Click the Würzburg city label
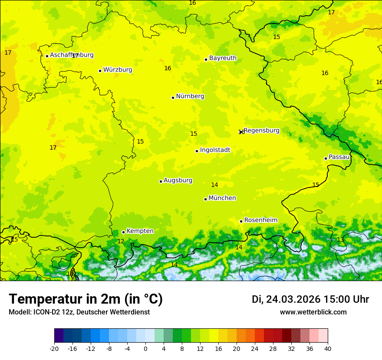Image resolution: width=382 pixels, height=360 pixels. [x=118, y=70]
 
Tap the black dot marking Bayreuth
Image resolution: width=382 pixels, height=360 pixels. [x=206, y=59]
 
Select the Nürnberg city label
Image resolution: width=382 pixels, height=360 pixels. [x=190, y=96]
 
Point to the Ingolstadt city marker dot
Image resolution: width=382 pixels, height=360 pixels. [x=197, y=151]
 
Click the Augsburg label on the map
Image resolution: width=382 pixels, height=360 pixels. [x=178, y=180]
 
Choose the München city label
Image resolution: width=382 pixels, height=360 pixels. [x=222, y=198]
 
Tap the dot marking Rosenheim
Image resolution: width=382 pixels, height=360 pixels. [x=241, y=221]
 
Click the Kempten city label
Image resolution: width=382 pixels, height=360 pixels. [x=140, y=231]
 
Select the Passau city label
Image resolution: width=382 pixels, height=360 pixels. [x=339, y=157]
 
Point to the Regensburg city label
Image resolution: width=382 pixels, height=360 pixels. [x=261, y=131]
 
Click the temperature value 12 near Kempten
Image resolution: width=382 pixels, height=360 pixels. [x=121, y=241]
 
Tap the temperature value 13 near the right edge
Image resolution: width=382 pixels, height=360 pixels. [x=340, y=239]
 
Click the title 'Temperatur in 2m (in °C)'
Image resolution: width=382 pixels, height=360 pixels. [x=86, y=299]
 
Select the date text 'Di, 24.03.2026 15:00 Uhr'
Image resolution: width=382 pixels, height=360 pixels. [x=310, y=299]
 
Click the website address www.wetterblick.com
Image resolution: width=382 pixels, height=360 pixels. [x=313, y=312]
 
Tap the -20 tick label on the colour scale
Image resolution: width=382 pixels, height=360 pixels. [x=54, y=348]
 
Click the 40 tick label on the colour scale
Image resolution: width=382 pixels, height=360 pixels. [x=328, y=348]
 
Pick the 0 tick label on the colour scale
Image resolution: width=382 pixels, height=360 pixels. [x=145, y=348]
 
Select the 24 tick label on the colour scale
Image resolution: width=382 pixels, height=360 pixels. [x=255, y=348]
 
